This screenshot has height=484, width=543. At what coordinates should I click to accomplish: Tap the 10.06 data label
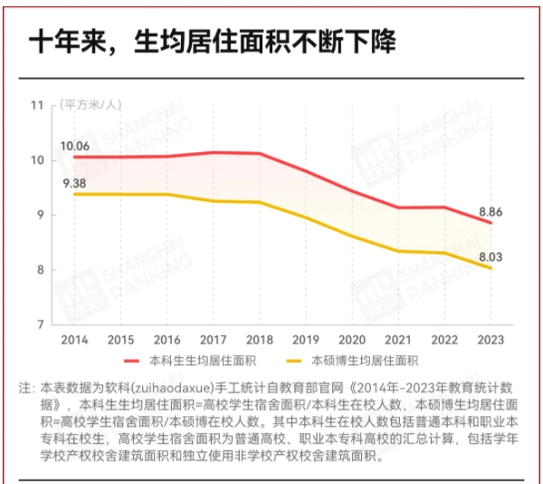click(x=74, y=145)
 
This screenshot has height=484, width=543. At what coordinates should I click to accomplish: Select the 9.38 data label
click(x=74, y=183)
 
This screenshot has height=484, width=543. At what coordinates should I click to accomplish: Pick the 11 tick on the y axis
click(x=38, y=105)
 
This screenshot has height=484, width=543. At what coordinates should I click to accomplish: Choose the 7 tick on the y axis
click(x=41, y=324)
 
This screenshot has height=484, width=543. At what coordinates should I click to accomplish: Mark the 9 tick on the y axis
click(x=41, y=215)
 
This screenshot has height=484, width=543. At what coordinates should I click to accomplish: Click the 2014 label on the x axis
click(x=74, y=340)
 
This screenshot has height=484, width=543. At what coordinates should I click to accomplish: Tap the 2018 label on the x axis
click(x=260, y=340)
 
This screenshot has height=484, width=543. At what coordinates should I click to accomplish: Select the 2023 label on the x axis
click(x=491, y=340)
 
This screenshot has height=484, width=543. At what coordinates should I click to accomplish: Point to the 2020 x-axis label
click(x=352, y=340)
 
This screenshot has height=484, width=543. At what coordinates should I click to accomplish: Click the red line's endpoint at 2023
click(x=491, y=222)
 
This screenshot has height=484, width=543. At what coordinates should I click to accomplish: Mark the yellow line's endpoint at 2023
click(x=491, y=268)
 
